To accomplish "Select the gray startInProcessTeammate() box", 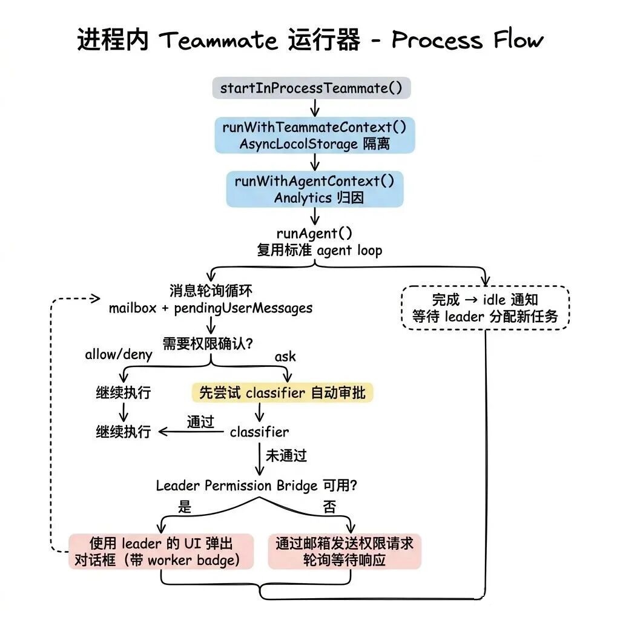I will pyautogui.click(x=311, y=88).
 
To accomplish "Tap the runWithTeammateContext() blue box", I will pyautogui.click(x=314, y=135).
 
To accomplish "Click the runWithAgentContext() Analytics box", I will pyautogui.click(x=314, y=189).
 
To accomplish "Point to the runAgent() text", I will pyautogui.click(x=314, y=233).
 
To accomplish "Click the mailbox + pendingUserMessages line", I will pyautogui.click(x=211, y=308).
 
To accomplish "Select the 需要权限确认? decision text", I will pyautogui.click(x=208, y=343).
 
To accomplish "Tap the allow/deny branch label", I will pyautogui.click(x=119, y=355).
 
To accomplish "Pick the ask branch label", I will pyautogui.click(x=285, y=356).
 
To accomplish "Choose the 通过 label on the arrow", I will pyautogui.click(x=200, y=422).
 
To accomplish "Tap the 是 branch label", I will pyautogui.click(x=185, y=506).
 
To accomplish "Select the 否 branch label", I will pyautogui.click(x=329, y=507).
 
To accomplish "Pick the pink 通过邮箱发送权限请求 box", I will pyautogui.click(x=345, y=551).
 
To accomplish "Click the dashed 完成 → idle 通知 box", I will pyautogui.click(x=485, y=308).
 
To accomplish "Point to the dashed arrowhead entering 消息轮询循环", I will pyautogui.click(x=95, y=298).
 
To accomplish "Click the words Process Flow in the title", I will pyautogui.click(x=467, y=41).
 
